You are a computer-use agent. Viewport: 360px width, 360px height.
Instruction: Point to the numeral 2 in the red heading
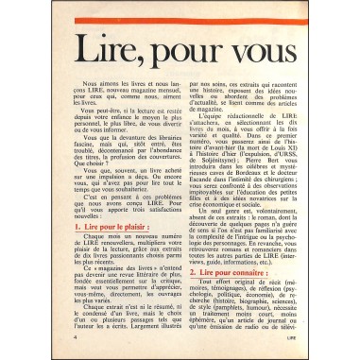(192, 271)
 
